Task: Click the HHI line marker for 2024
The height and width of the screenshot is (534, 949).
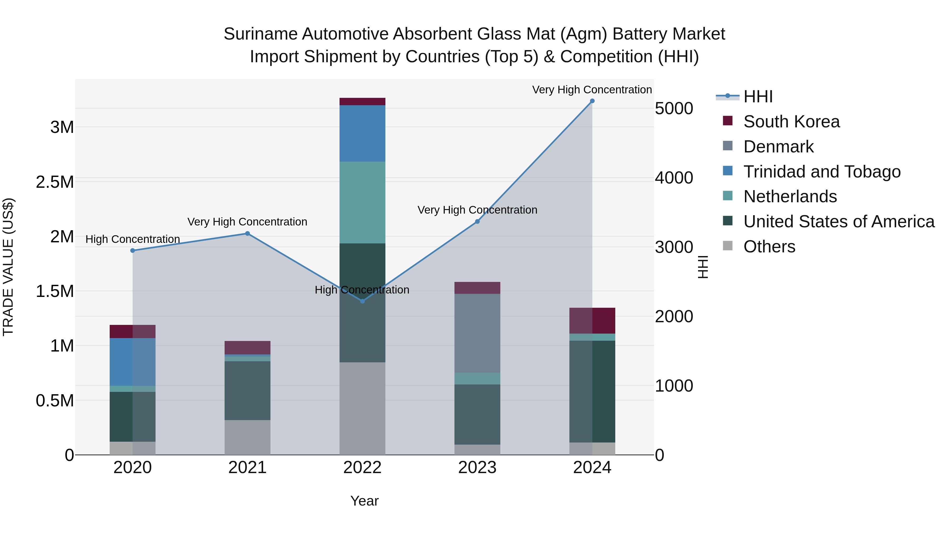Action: click(x=592, y=101)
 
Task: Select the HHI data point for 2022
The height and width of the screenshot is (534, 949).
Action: click(x=362, y=301)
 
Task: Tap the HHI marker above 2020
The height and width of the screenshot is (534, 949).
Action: click(x=133, y=251)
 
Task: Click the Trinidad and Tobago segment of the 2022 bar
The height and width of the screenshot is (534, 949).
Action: click(x=362, y=133)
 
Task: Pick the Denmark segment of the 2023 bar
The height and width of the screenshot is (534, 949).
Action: click(x=477, y=333)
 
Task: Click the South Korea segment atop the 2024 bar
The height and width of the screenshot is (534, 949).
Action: click(x=592, y=321)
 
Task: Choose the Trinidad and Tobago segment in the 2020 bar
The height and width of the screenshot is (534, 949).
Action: click(x=133, y=362)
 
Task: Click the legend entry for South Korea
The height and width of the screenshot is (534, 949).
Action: click(x=791, y=122)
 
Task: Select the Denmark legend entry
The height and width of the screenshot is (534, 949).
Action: click(x=778, y=147)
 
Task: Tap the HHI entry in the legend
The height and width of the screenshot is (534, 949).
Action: click(x=758, y=97)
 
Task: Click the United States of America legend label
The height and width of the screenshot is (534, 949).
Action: click(x=839, y=222)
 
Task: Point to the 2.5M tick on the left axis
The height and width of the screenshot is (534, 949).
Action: click(x=55, y=182)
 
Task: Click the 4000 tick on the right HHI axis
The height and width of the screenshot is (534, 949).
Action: click(x=674, y=178)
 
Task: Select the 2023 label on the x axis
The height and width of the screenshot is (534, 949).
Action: click(x=477, y=468)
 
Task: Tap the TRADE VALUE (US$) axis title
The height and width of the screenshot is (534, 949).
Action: click(x=8, y=267)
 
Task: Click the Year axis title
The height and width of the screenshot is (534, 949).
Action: click(x=364, y=501)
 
